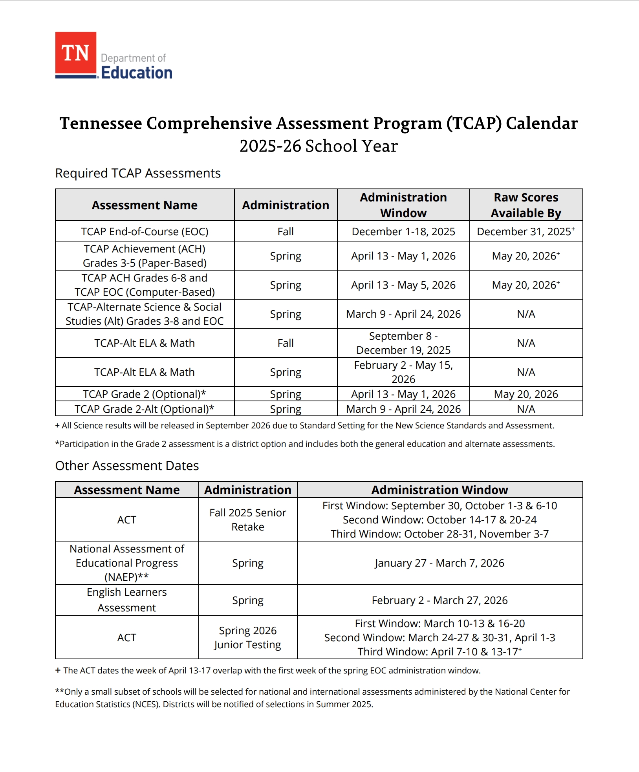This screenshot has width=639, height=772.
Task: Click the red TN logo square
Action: (76, 53)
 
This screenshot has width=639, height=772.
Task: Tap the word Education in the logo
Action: (137, 73)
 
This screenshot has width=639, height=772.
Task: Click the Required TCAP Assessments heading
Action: (138, 173)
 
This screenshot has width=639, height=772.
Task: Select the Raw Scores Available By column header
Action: (526, 205)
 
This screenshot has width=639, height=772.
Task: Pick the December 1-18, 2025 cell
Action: (403, 232)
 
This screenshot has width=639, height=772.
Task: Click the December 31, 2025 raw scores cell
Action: (525, 232)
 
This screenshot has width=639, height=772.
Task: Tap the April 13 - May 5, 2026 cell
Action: (403, 285)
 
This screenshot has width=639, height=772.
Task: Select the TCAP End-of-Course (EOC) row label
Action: (145, 232)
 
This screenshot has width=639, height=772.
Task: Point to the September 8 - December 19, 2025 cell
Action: (403, 343)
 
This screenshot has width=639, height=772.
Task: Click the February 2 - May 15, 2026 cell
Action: (403, 372)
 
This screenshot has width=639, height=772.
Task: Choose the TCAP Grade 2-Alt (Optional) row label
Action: (145, 409)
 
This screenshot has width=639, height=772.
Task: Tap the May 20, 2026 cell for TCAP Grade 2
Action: (526, 394)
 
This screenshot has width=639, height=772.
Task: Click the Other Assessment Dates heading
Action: (127, 466)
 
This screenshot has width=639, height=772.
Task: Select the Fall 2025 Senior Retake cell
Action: (248, 520)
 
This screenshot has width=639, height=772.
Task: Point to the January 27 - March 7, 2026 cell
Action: (439, 563)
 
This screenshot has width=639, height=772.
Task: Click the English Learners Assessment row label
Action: (127, 600)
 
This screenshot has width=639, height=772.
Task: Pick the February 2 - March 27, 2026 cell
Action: (439, 600)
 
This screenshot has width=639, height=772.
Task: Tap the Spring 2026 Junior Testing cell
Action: (248, 638)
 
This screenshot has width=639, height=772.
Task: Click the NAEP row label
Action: (127, 563)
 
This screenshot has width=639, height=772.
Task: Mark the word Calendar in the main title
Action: (542, 123)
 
